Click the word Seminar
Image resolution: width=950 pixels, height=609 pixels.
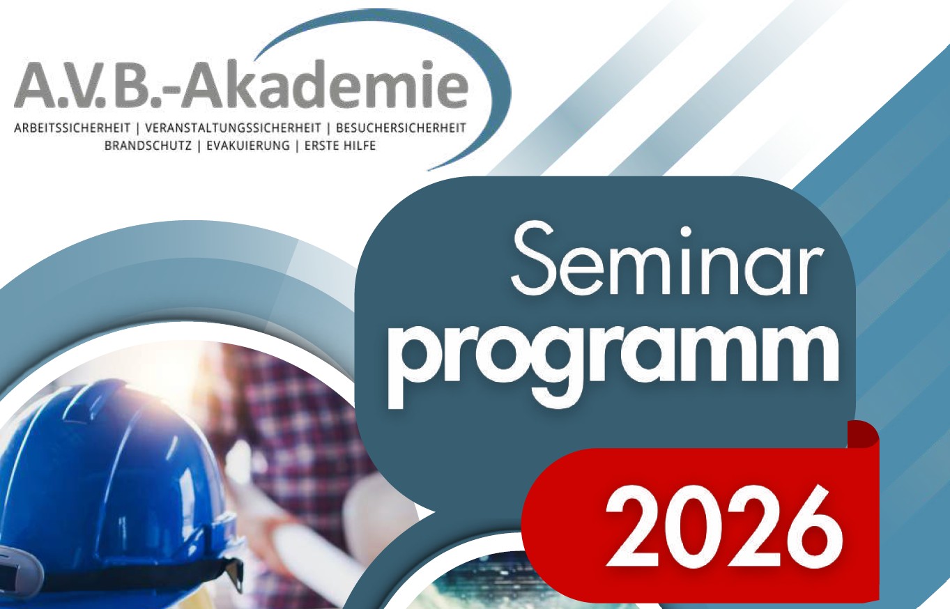(x=666, y=263)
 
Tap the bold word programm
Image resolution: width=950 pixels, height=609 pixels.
(x=613, y=364)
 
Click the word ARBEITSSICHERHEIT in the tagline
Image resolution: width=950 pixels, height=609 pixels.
(x=72, y=128)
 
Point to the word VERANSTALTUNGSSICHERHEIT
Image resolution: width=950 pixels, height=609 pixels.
(x=233, y=128)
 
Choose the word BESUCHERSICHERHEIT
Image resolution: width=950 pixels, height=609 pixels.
(x=401, y=128)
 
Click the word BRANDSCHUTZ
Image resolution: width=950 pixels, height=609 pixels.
(x=148, y=146)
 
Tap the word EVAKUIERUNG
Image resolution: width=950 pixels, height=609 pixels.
(x=248, y=146)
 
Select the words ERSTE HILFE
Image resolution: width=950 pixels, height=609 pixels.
(x=340, y=146)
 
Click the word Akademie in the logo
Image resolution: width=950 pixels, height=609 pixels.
(x=325, y=84)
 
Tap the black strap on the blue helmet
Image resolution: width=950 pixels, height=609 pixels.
(x=140, y=571)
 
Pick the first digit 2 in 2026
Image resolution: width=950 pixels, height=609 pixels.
(x=634, y=528)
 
